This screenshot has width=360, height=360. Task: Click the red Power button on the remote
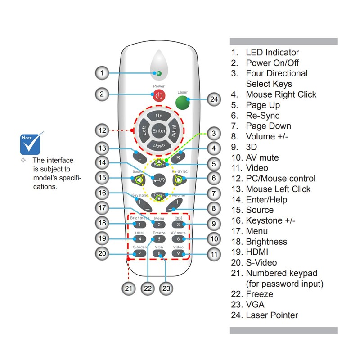(158, 95)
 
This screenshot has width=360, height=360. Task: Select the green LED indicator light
(157, 73)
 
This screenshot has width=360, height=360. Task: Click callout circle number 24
(215, 99)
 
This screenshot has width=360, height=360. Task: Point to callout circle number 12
(103, 131)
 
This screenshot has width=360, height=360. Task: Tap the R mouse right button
(178, 158)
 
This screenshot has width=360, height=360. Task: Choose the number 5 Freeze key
(159, 239)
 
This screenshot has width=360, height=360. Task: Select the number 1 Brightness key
(140, 224)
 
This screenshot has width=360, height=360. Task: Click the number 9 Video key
(178, 254)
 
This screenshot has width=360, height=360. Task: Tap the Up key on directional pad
(159, 116)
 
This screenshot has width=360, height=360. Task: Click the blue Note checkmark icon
(31, 144)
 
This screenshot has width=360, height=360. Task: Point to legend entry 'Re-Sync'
(262, 116)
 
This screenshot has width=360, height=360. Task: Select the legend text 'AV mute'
(262, 157)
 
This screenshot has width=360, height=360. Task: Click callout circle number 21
(129, 288)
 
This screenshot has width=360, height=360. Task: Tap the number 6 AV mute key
(178, 239)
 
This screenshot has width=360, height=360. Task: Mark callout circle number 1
(103, 73)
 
